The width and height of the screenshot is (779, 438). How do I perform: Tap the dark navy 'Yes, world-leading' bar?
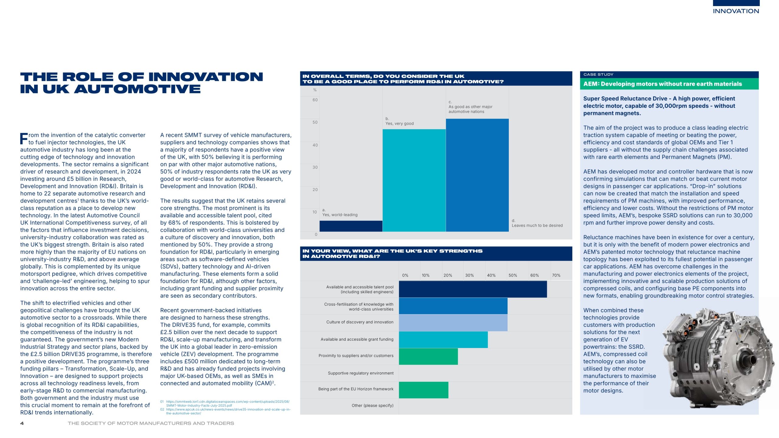point(351,226)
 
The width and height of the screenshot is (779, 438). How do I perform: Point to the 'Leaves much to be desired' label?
point(537,225)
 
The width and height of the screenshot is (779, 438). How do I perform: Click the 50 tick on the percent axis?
point(315,122)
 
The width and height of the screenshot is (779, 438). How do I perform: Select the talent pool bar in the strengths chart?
point(473,289)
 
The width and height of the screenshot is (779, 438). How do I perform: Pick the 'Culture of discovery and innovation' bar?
point(453,322)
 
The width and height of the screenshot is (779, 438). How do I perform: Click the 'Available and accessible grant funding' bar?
point(443,339)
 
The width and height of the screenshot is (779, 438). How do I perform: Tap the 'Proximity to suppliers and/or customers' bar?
point(428,356)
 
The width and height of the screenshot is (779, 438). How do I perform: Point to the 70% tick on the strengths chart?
point(556,275)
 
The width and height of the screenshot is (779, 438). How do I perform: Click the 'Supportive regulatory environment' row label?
point(361,373)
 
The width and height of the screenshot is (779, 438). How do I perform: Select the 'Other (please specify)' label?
point(372,405)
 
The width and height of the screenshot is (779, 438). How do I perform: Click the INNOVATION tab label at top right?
point(736,11)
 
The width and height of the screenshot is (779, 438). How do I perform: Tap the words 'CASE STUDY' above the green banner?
point(598,75)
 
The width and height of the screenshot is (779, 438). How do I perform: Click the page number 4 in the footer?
point(22,423)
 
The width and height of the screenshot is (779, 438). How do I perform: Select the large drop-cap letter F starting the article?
point(24,139)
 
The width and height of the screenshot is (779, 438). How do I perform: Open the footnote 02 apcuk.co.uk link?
point(228,411)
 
